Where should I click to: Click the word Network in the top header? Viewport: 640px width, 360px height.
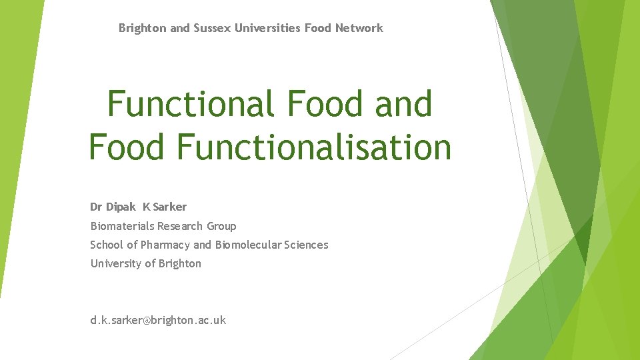point(359,28)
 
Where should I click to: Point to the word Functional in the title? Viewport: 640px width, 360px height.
point(190,105)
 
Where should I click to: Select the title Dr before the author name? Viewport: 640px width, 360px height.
point(97,207)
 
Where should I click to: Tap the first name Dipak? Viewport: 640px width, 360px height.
point(121,207)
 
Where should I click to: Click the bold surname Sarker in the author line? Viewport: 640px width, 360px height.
point(169,207)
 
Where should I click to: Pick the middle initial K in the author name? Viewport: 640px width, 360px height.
point(146,207)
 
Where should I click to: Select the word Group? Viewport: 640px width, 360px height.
point(221,226)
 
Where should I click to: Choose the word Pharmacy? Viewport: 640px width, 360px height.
point(165,245)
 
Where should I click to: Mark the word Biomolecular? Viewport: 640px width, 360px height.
point(248,245)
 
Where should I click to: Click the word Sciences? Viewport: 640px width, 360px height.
point(306,245)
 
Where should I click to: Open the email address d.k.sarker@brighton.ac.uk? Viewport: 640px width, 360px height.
point(158,320)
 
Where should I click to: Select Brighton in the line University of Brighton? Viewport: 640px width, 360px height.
point(179,263)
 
